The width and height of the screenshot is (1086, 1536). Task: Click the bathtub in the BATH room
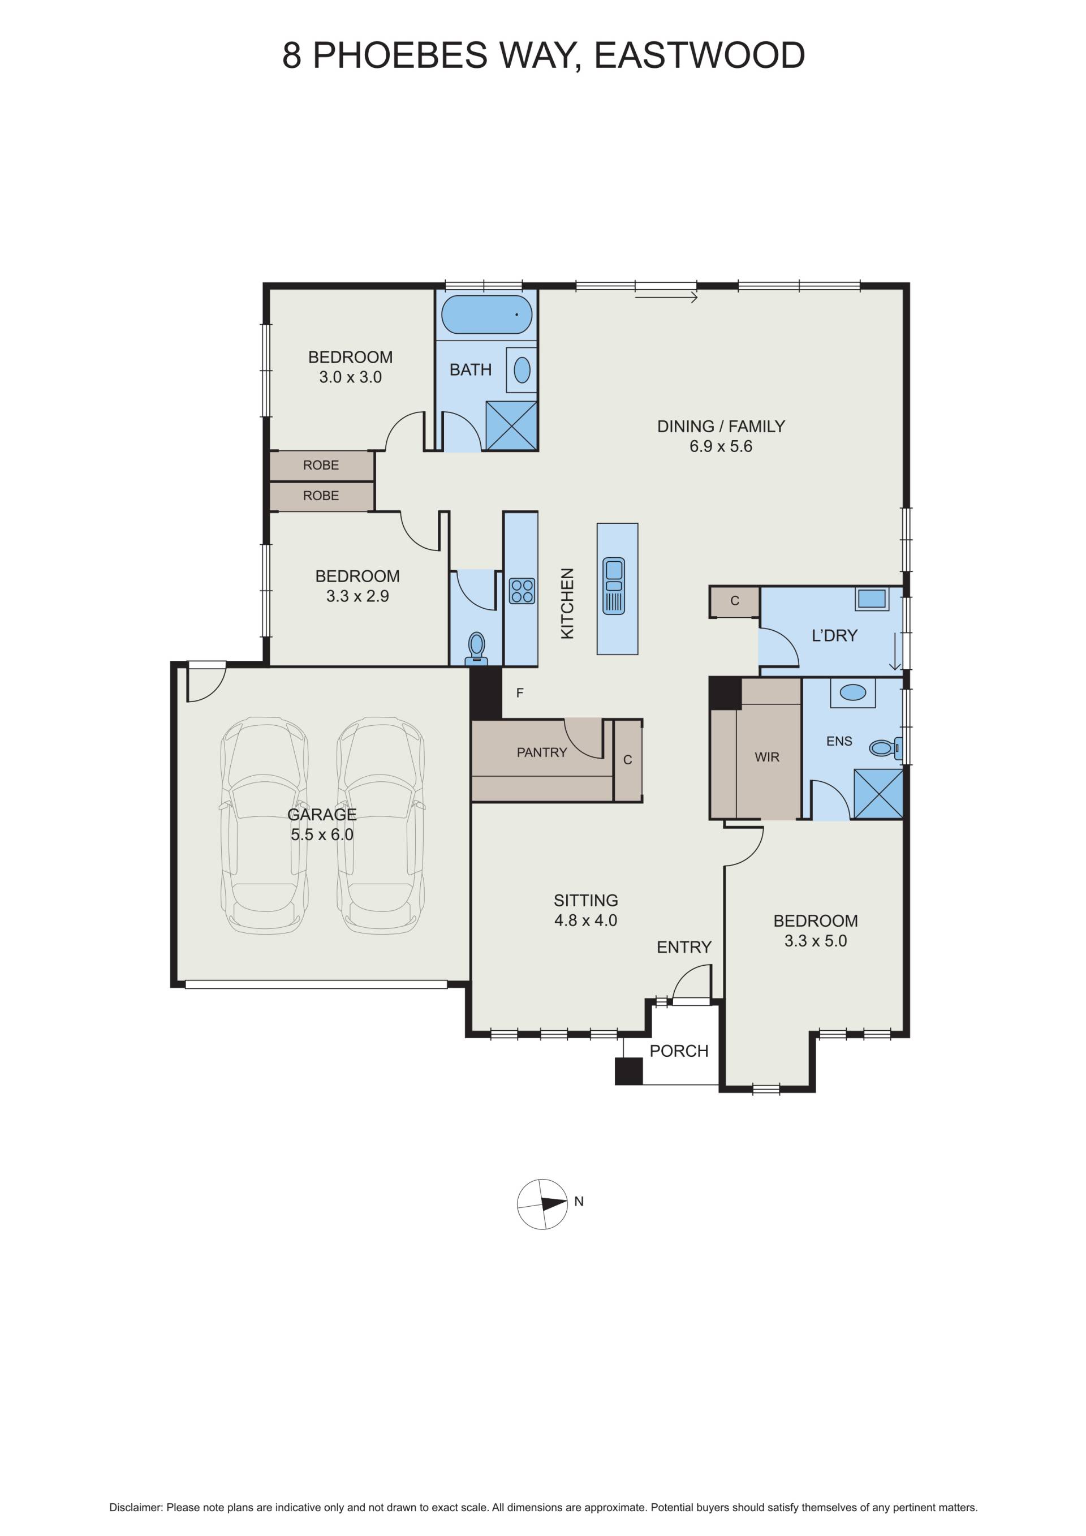click(x=487, y=315)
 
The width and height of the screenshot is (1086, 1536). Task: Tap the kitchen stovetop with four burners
click(x=522, y=591)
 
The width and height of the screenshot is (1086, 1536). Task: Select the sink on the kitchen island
click(x=614, y=586)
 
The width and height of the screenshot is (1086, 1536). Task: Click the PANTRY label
click(x=542, y=752)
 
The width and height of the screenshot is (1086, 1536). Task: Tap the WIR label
click(x=767, y=758)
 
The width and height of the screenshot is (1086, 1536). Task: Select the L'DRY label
click(x=834, y=635)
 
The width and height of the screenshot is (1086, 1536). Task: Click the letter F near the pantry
click(x=520, y=693)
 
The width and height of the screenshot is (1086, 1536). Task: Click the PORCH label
click(x=679, y=1051)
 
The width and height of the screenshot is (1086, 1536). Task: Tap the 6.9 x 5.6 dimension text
click(x=721, y=446)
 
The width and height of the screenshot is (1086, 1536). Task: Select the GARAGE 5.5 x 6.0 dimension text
click(x=322, y=835)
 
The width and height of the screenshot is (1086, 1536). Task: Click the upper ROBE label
click(x=321, y=465)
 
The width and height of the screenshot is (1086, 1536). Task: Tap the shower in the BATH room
click(x=511, y=425)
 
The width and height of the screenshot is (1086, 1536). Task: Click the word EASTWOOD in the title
click(x=700, y=55)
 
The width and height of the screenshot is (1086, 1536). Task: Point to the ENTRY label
click(x=684, y=947)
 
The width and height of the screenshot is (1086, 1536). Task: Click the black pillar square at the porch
click(x=628, y=1071)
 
